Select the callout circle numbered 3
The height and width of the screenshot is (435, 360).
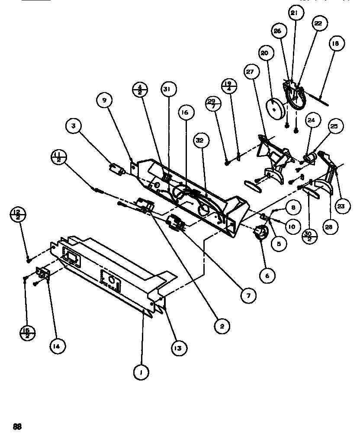[x=74, y=127]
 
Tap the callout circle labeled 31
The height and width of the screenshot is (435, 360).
[x=167, y=89]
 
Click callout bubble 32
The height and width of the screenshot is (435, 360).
[x=199, y=140]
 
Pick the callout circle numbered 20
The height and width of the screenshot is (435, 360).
[x=264, y=53]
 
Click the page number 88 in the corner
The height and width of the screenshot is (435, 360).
[x=17, y=426]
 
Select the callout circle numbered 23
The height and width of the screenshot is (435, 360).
[x=341, y=207]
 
